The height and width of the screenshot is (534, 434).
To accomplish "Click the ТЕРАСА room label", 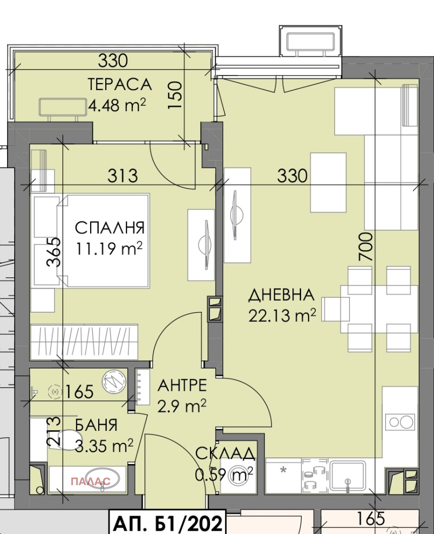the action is point(120,84).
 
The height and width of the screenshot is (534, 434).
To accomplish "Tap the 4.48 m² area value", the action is point(117,105).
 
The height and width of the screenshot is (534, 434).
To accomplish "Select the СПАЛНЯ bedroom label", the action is point(110,228).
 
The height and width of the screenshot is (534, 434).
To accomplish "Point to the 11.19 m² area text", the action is point(109,249).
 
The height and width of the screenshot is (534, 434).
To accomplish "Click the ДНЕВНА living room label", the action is point(281,295).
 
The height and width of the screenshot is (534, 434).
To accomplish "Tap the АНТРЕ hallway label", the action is point(182,385).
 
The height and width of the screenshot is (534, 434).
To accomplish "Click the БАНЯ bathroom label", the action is point(97,425).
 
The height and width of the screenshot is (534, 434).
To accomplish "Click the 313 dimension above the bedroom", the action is point(123,176).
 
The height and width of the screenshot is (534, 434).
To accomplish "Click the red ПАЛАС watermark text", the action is point(91,481).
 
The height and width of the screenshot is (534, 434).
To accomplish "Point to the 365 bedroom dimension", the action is point(54,252).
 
